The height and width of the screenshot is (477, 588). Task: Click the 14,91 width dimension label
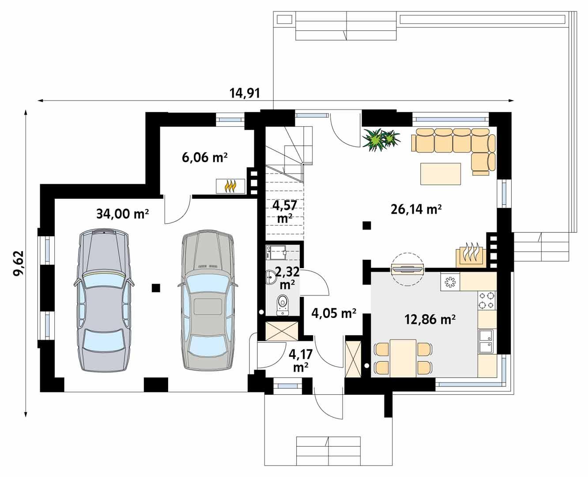(x=245, y=93)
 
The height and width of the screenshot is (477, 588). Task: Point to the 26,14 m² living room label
(x=416, y=209)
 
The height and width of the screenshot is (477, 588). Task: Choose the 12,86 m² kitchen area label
(x=430, y=319)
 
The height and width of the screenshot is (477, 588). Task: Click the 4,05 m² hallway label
(x=334, y=314)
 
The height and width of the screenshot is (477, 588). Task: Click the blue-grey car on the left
(x=104, y=299)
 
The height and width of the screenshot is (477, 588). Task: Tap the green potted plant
(x=380, y=140)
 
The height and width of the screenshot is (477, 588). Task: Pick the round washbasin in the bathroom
(x=270, y=277)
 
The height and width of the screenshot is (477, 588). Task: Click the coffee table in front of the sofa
(x=440, y=174)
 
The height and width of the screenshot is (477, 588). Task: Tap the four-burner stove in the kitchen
(x=486, y=300)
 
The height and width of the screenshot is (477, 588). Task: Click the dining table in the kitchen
(x=403, y=358)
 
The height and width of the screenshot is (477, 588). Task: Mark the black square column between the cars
(x=155, y=288)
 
